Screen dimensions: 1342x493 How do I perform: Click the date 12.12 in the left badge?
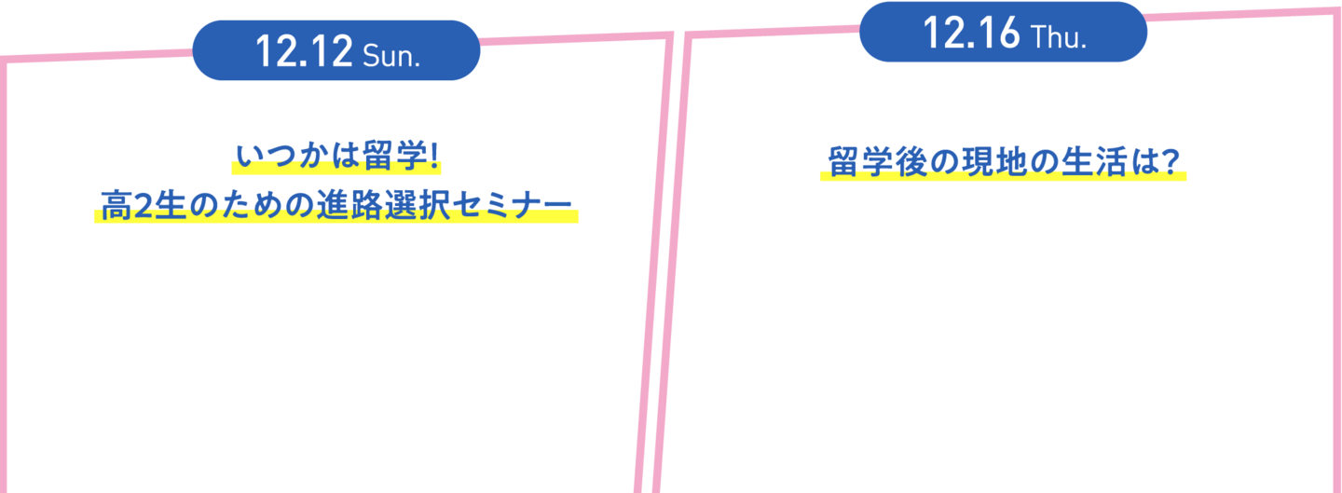(x=305, y=51)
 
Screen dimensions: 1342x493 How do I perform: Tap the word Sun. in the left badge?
(x=391, y=56)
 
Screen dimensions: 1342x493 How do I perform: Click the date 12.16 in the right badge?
(x=971, y=33)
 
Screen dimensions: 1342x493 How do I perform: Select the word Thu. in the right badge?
(x=1059, y=37)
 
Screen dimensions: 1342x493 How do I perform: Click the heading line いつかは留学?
(x=337, y=156)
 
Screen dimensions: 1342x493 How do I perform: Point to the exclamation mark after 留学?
(x=434, y=156)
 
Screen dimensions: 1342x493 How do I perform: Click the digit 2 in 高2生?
(x=144, y=206)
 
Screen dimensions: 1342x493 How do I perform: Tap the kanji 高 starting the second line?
(x=116, y=205)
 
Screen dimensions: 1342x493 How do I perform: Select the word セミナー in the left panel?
(x=513, y=205)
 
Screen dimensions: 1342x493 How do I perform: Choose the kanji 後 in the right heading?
(x=911, y=162)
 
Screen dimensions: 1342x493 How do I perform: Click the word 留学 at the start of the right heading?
(x=861, y=162)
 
